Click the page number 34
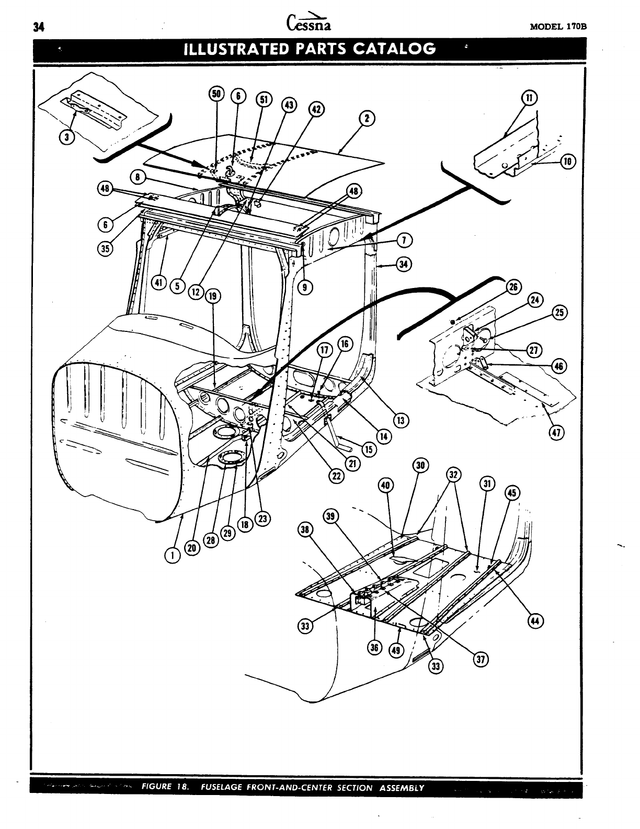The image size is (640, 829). pos(37,28)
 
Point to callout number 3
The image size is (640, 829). pos(66,137)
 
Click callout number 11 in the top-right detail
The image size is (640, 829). pos(530,98)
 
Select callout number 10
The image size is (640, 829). pos(567,162)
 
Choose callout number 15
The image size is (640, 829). pos(369,449)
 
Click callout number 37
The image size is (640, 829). pos(480,660)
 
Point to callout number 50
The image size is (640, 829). pos(216,94)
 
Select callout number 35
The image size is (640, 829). pos(105,248)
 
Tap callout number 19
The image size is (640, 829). pos(212,297)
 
